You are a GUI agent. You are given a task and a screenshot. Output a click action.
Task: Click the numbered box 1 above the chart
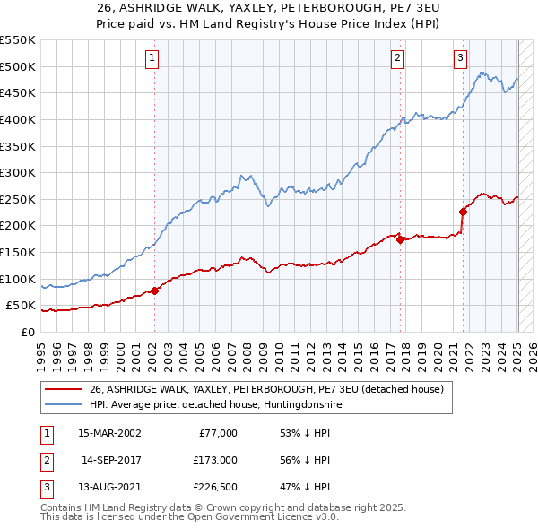pyautogui.click(x=152, y=59)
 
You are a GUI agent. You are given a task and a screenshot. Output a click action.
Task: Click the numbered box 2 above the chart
pyautogui.click(x=397, y=59)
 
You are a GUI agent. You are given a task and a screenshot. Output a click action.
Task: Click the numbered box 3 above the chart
pyautogui.click(x=460, y=59)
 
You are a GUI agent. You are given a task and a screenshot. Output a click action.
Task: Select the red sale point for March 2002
pyautogui.click(x=154, y=291)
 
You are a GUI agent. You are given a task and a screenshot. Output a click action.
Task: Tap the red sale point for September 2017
pyautogui.click(x=400, y=239)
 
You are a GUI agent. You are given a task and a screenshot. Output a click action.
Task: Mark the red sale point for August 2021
pyautogui.click(x=463, y=212)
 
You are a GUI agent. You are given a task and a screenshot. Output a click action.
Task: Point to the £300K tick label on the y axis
pyautogui.click(x=18, y=172)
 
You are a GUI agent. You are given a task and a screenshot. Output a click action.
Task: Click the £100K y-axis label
pyautogui.click(x=18, y=279)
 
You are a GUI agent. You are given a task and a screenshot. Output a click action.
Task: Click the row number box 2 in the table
pyautogui.click(x=45, y=460)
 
